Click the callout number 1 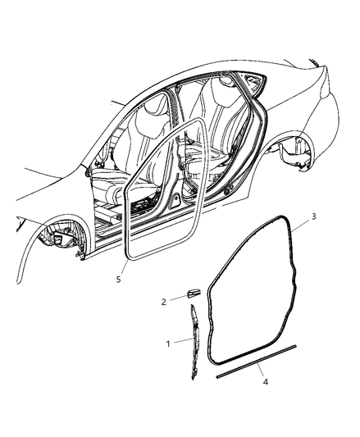coord(168,344)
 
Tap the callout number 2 coord(164,302)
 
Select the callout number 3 coord(314,216)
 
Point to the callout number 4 coord(265,382)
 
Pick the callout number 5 coord(119,279)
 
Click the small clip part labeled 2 coord(194,294)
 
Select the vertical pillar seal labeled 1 coord(194,341)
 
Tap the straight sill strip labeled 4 coord(256,362)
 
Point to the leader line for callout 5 coord(125,267)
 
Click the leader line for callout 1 coord(183,341)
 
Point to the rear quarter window coord(253,81)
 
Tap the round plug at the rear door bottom coord(227,191)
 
